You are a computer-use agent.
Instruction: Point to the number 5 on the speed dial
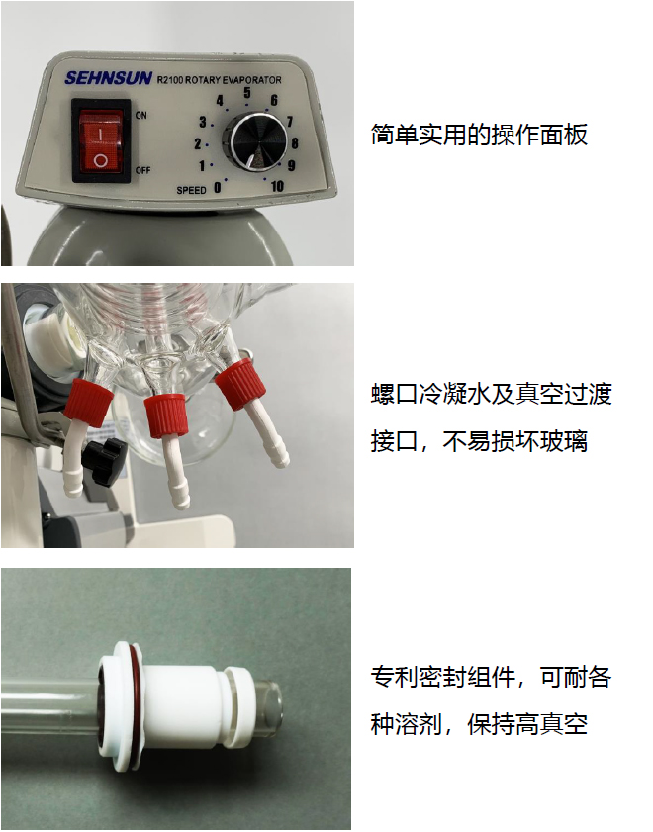coord(246,93)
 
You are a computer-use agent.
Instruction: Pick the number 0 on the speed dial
coord(218,187)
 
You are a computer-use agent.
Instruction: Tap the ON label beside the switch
coord(140,116)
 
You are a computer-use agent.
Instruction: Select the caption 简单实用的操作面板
coord(479,135)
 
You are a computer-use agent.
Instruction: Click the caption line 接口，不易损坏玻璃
coord(479,441)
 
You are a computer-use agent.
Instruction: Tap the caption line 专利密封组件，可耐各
coord(491,678)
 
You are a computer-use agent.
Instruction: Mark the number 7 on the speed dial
coord(288,122)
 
